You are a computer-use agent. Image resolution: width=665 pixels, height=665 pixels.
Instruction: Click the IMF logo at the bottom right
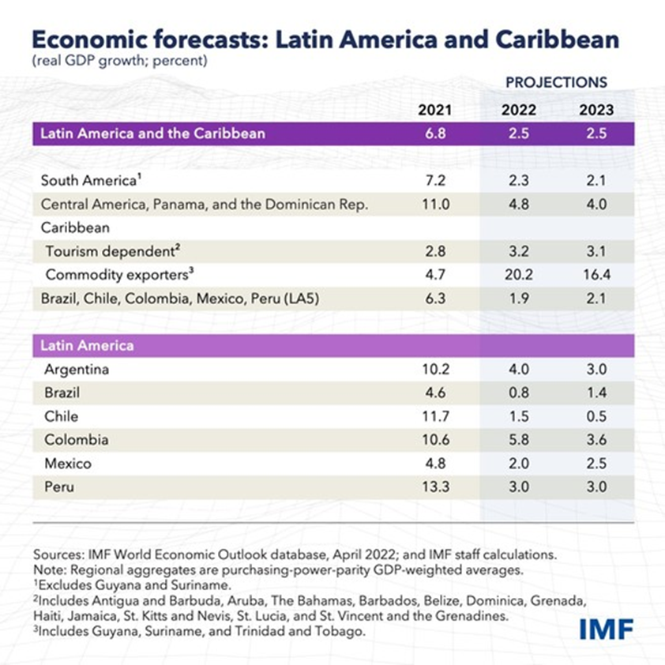point(605,629)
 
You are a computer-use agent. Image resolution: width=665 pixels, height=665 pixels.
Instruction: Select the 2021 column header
point(434,110)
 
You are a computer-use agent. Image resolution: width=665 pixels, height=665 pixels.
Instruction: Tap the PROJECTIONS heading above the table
point(556,82)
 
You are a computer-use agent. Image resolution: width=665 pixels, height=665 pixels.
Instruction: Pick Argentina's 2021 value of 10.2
point(434,370)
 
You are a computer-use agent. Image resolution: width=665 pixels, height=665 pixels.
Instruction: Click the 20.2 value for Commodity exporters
point(518,275)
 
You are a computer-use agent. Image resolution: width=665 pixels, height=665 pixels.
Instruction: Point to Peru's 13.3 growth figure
point(434,487)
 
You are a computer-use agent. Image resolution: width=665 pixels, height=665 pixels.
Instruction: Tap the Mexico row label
point(68,464)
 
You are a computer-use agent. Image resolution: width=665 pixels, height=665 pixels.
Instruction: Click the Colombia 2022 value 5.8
point(518,440)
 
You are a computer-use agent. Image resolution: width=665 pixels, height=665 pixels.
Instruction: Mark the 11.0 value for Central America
point(434,205)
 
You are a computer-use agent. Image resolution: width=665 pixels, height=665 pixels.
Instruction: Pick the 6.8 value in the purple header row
point(434,133)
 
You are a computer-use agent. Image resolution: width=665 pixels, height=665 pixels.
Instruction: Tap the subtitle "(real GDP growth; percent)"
point(119,61)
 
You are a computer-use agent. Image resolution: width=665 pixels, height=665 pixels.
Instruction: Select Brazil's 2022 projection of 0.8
point(518,393)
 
